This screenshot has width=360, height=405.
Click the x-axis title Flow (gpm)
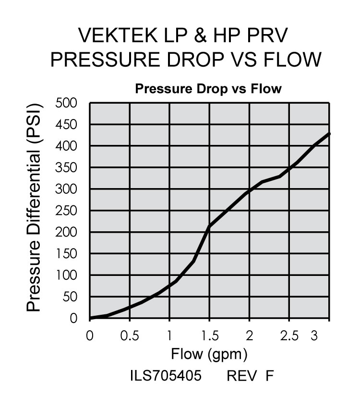(x=210, y=355)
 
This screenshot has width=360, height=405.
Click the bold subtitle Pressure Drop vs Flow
(x=208, y=89)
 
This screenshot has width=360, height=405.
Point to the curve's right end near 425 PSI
(x=329, y=134)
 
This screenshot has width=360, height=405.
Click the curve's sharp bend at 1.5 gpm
(x=209, y=226)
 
